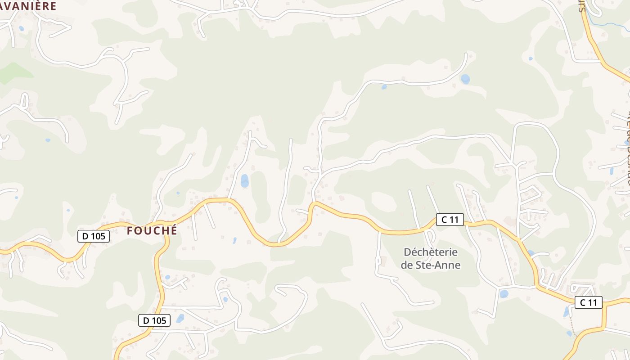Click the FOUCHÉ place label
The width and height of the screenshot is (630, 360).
pos(152,231)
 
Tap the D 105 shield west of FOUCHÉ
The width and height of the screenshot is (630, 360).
pos(94,236)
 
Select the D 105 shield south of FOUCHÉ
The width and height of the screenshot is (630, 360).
pos(154,320)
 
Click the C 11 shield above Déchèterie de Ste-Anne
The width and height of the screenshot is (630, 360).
pos(450,220)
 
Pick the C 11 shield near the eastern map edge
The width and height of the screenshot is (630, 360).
pos(588,302)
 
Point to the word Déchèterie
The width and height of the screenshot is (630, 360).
pos(431,252)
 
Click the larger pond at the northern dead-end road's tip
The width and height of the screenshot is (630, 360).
pos(465,79)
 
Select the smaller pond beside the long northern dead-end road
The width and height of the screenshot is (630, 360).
pos(384,87)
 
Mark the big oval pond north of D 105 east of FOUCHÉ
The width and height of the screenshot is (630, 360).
pos(244,180)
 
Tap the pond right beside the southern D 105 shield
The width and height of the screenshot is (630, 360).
pos(180,319)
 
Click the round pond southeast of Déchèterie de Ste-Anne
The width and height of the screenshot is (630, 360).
pos(504,294)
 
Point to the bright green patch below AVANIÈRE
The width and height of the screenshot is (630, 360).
pos(16,73)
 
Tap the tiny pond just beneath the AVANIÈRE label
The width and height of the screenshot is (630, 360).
pos(21,28)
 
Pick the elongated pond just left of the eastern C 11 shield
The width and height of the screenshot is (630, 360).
pos(567,311)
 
